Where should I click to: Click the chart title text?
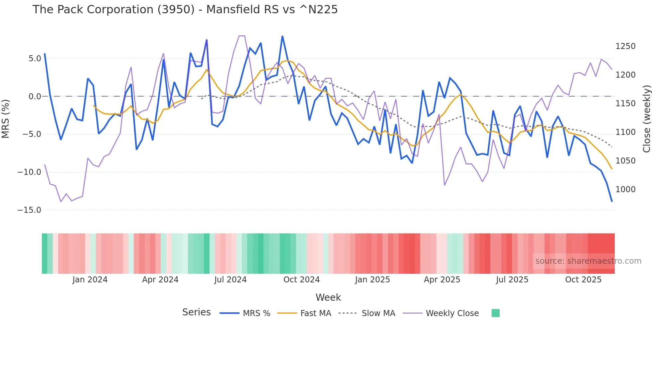[x=185, y=10]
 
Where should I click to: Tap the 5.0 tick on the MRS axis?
[x=35, y=59]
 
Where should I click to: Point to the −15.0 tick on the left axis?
[x=29, y=210]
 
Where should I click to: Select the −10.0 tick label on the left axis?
[x=29, y=172]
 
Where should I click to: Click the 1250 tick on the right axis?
[x=625, y=46]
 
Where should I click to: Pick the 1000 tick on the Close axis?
[x=625, y=189]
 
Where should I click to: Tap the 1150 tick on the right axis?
[x=625, y=104]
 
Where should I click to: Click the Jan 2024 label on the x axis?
[x=90, y=280]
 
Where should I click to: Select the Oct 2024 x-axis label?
[x=301, y=280]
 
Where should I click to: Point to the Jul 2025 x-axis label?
[x=512, y=280]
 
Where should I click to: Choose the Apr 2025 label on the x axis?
[x=442, y=280]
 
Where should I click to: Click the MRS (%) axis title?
[x=6, y=119]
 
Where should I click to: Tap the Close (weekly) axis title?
[x=646, y=119]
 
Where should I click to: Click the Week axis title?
[x=328, y=297]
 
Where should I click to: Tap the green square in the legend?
[x=495, y=313]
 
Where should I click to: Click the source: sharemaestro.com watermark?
[x=588, y=261]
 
